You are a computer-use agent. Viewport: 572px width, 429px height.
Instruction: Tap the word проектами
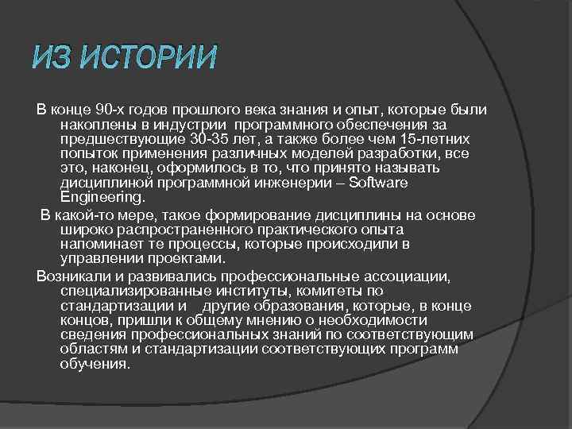[191, 258]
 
